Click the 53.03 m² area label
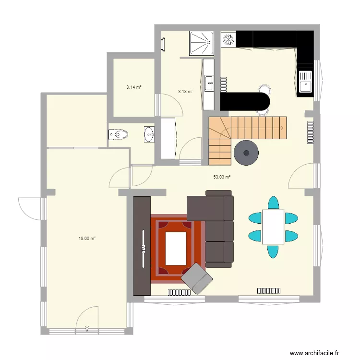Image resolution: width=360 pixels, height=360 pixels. point(222,177)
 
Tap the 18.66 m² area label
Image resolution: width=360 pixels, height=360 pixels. point(87,238)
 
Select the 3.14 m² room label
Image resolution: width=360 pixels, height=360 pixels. point(134,87)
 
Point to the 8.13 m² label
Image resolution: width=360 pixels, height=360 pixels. point(185,91)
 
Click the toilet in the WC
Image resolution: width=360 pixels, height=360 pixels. point(119,135)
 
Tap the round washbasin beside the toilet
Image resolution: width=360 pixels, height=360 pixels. point(149,134)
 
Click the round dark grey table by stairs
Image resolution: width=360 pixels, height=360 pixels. point(246,153)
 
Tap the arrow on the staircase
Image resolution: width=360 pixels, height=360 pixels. point(281,128)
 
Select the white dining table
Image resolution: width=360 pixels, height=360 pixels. point(273,226)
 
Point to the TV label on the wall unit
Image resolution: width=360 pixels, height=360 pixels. point(143,248)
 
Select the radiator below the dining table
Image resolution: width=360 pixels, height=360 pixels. point(269,290)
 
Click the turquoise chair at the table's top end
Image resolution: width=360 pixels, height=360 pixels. point(273,202)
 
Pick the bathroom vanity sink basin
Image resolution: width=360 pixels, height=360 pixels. point(209,83)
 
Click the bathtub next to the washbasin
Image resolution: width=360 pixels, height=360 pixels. point(168,138)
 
